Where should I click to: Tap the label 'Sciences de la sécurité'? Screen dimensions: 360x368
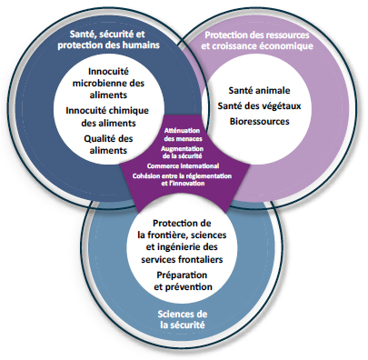pyautogui.click(x=183, y=319)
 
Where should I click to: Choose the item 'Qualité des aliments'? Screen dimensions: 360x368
pyautogui.click(x=114, y=144)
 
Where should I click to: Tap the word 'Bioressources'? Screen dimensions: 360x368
pyautogui.click(x=263, y=120)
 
